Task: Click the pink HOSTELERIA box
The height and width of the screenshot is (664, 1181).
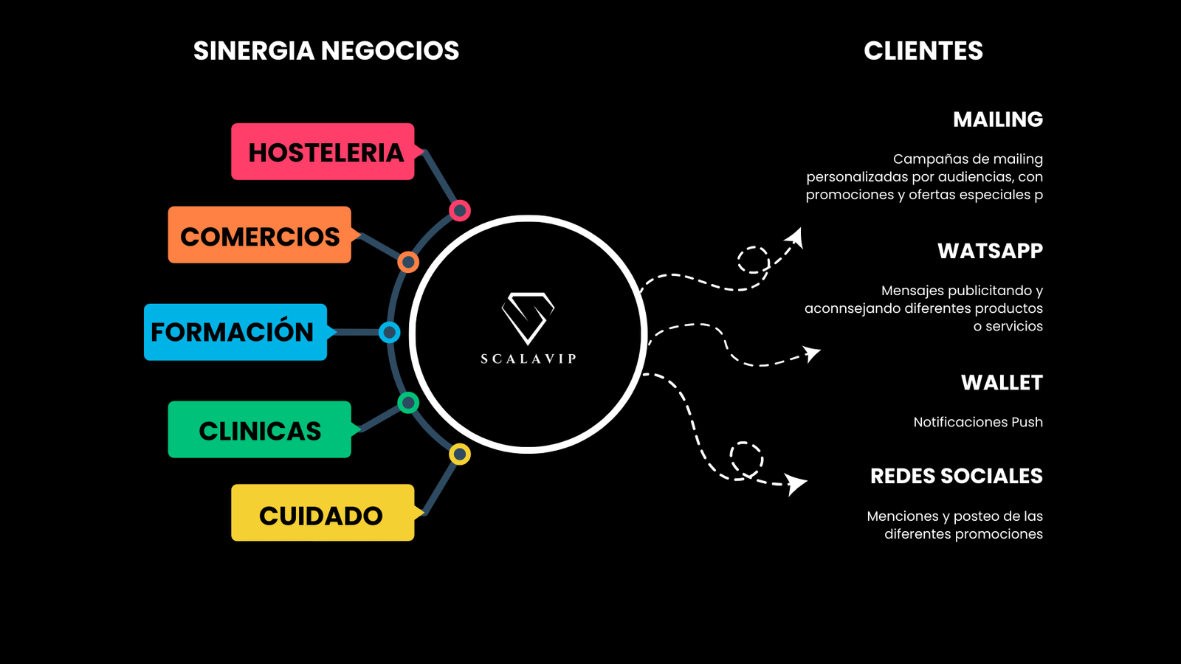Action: (323, 152)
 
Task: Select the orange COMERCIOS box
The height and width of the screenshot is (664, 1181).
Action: (259, 235)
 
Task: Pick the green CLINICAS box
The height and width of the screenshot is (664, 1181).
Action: (259, 430)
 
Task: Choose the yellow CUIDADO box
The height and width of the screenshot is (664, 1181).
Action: (322, 513)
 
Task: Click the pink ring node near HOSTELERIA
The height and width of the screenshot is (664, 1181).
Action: (460, 211)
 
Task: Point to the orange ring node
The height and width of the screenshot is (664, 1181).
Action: (408, 262)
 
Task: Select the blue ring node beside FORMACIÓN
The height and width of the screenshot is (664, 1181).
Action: (389, 333)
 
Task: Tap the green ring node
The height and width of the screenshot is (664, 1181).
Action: (408, 403)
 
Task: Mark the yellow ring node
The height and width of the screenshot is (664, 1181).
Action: (460, 454)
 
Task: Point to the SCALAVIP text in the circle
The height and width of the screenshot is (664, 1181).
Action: (528, 359)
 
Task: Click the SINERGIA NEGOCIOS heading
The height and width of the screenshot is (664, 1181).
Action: (326, 51)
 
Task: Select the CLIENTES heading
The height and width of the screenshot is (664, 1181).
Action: (923, 51)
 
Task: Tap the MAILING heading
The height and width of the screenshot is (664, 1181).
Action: (998, 120)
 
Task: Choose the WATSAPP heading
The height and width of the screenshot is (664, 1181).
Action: (990, 251)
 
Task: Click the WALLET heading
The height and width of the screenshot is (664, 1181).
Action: (1002, 383)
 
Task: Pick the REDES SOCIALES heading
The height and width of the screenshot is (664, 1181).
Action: (957, 476)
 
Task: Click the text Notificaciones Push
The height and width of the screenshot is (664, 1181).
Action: (978, 422)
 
